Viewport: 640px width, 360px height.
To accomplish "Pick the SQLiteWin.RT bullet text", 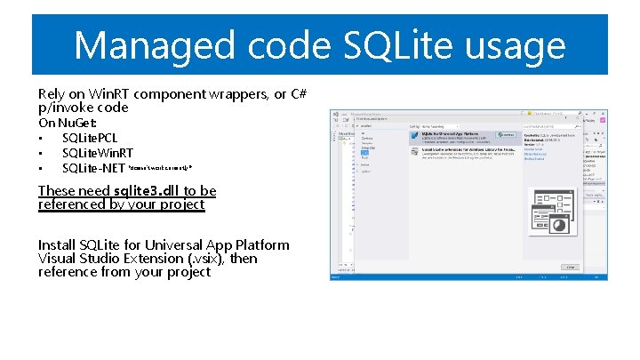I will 98,153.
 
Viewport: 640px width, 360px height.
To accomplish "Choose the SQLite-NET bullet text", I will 94,168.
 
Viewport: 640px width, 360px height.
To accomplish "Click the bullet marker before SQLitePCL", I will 41,139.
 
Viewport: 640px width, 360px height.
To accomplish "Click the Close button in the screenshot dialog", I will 569,266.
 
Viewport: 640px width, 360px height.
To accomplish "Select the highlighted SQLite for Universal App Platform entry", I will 462,135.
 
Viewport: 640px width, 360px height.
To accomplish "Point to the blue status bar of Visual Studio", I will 468,276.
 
